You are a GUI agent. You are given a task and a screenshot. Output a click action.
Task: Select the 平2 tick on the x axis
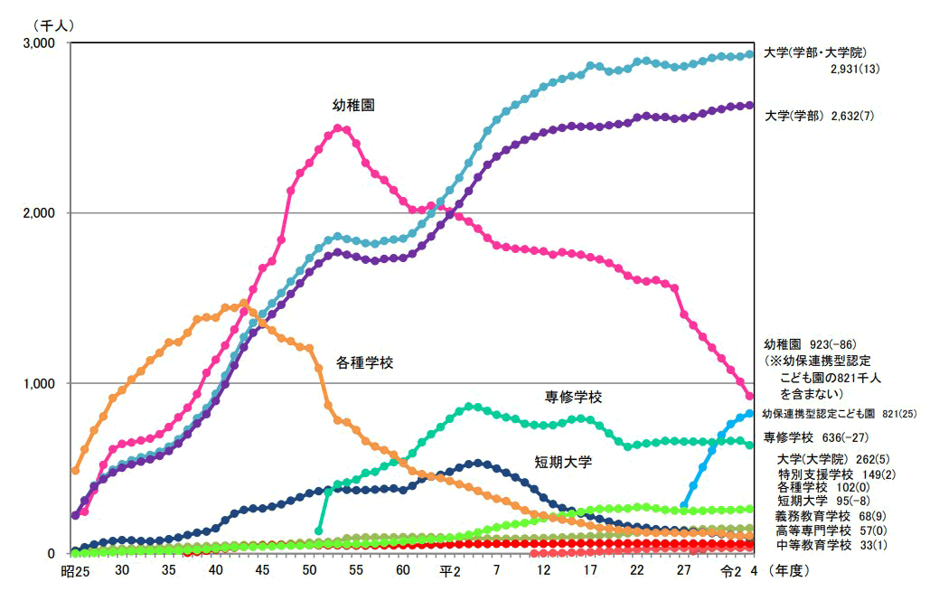(x=450, y=571)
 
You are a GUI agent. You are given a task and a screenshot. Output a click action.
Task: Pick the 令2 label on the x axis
(x=730, y=571)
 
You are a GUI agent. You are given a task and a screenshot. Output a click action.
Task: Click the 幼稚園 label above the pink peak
(x=353, y=106)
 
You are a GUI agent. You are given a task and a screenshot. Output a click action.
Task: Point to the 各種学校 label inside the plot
(x=364, y=362)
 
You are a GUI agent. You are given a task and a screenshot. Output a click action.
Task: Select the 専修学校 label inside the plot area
(x=573, y=397)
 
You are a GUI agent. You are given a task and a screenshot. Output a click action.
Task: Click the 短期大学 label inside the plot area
(x=563, y=462)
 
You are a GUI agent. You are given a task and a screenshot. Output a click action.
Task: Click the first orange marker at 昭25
(x=75, y=470)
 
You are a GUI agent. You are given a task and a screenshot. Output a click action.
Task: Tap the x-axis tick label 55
(x=356, y=571)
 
